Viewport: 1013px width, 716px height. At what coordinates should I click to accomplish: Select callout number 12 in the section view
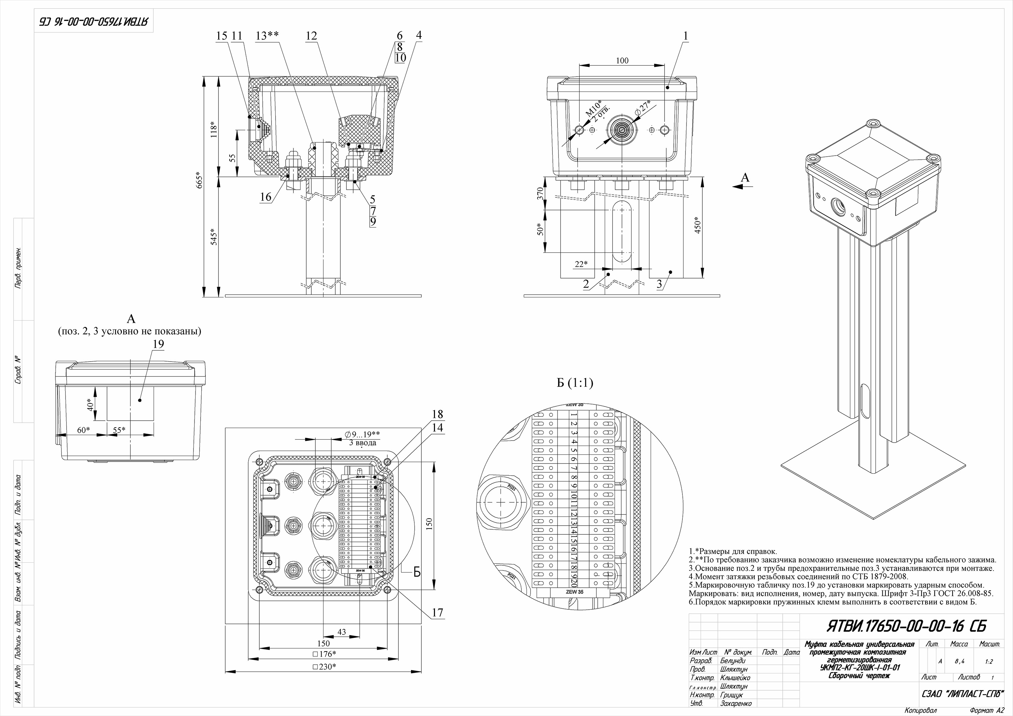coord(311,36)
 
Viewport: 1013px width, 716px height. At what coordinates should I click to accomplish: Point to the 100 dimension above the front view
coord(622,60)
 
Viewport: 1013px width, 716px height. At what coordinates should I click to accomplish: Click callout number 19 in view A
coord(158,344)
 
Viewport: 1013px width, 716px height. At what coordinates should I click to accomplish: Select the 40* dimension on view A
coord(90,404)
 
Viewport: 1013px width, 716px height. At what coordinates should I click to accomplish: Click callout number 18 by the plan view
coord(437,414)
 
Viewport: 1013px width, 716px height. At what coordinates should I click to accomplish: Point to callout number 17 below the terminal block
coord(437,612)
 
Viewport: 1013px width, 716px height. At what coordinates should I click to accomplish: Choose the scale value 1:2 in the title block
coord(989,662)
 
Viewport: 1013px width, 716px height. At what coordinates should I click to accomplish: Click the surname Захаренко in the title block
coord(735,704)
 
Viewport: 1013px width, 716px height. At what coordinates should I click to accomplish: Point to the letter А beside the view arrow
coord(745,177)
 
